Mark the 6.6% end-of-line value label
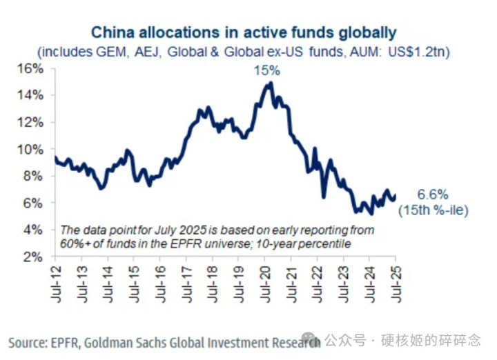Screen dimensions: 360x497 (x=432, y=195)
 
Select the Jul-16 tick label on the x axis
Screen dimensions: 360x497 (x=160, y=282)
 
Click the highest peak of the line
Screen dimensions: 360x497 (x=270, y=83)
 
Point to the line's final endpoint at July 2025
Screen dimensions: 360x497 (x=395, y=196)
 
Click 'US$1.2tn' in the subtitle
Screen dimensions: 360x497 (x=418, y=51)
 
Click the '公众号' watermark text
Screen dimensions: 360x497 (x=344, y=340)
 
